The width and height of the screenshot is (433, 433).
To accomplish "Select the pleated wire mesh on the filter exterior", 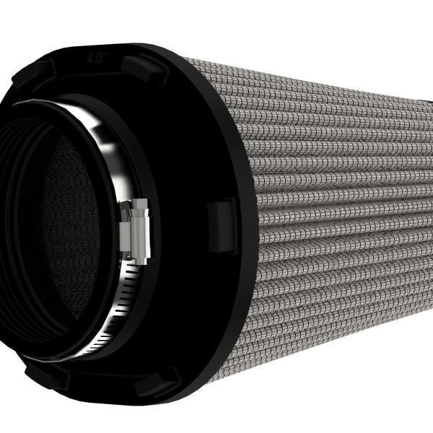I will point(325,216).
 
